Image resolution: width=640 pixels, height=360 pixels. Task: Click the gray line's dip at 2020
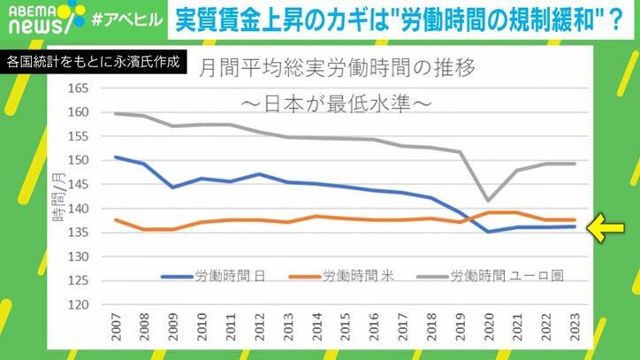[487, 201]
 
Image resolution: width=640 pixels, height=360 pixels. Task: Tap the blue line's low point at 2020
[487, 232]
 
